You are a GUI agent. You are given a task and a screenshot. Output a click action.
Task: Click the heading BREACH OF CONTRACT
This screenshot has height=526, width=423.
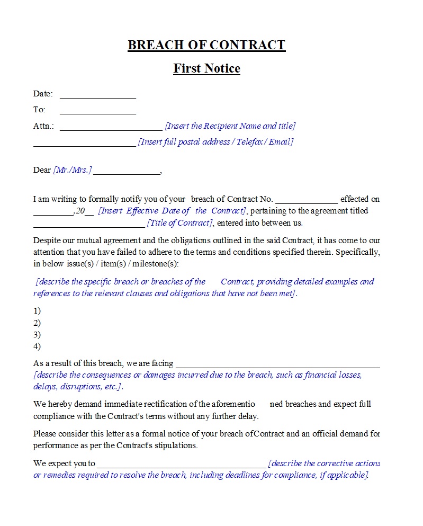coord(206,45)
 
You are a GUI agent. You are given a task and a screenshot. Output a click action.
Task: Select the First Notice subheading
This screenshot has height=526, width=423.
coord(206,68)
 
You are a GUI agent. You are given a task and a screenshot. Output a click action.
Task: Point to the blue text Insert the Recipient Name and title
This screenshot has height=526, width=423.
coord(230,126)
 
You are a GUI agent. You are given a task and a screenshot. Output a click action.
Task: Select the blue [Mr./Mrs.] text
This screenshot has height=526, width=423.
coord(73,170)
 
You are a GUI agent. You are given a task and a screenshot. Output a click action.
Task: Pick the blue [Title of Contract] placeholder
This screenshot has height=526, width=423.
coord(180,223)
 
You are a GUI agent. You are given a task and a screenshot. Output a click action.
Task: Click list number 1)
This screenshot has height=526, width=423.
coord(37,311)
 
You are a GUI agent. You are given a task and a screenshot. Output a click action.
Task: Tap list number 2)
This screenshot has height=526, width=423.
coord(37,323)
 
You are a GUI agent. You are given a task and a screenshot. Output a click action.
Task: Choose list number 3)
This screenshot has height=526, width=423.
coord(37,335)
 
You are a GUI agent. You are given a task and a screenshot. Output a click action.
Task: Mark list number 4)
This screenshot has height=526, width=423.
coord(37,346)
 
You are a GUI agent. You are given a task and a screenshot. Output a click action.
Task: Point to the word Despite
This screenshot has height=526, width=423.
coord(47,240)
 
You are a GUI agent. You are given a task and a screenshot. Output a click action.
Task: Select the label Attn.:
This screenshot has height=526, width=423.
coord(43,127)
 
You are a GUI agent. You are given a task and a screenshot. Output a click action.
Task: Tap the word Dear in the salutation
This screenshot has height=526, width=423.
coord(42,170)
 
